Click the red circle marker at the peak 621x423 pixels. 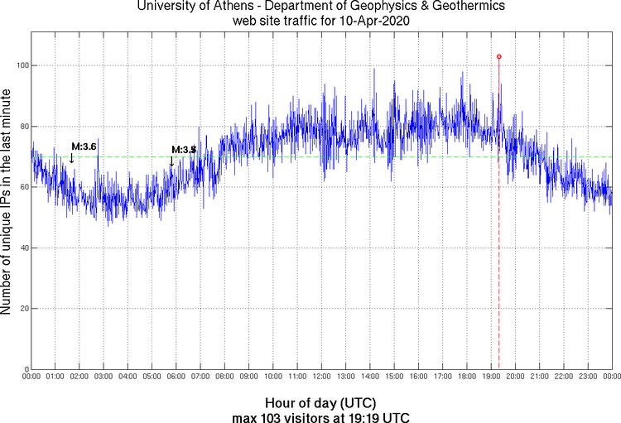tap(498, 56)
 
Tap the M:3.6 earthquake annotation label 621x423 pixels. tap(84, 147)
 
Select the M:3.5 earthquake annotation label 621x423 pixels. tap(183, 149)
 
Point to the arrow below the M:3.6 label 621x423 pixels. tap(71, 158)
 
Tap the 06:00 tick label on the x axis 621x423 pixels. tap(176, 377)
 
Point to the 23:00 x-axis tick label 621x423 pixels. tap(587, 377)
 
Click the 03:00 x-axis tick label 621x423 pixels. tap(103, 377)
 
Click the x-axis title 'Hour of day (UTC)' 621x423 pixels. tap(321, 401)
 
